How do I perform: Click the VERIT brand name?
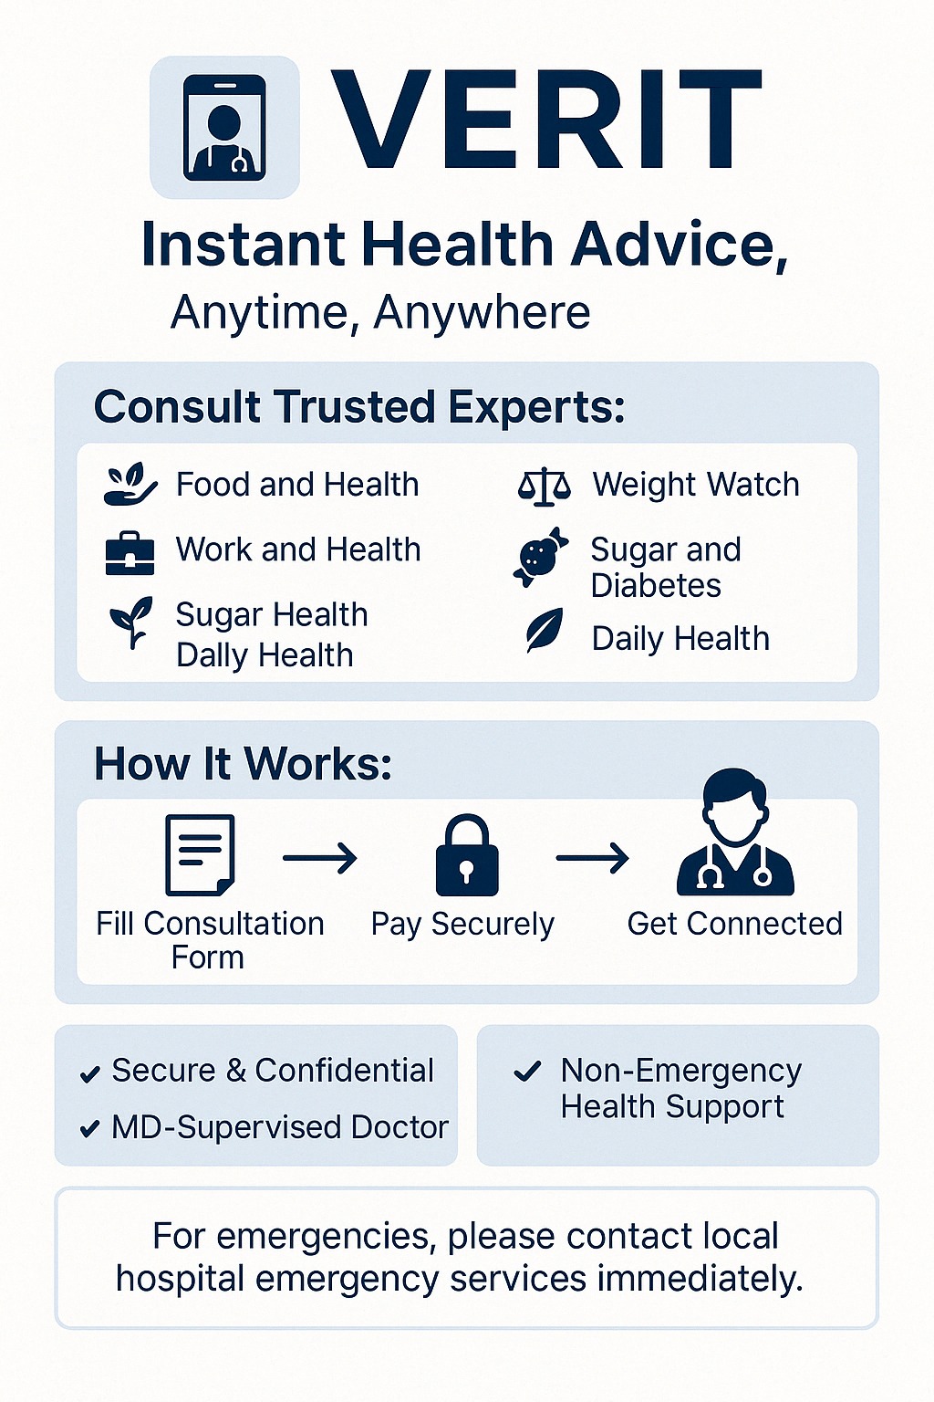point(545,120)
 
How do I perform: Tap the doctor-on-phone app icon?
point(224,128)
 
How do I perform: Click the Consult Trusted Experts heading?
point(359,407)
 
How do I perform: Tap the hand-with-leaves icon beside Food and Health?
point(130,484)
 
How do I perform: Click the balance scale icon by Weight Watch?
point(545,486)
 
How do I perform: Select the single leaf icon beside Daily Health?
point(545,631)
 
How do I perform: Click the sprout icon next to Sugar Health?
point(130,622)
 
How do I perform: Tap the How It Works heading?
point(243,764)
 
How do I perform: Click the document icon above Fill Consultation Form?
point(200,855)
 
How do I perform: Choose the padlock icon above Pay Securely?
point(467,855)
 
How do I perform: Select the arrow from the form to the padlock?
point(319,857)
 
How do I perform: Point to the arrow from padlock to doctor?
point(593,857)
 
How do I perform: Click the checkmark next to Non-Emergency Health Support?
point(527,1072)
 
